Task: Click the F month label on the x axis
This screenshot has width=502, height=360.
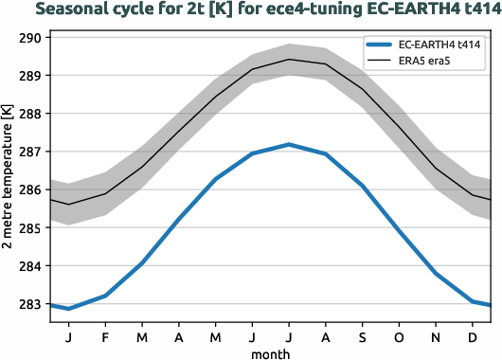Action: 105,336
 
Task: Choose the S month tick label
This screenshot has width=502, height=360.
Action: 362,336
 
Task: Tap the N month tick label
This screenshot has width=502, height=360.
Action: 436,336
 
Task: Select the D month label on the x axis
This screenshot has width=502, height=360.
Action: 473,336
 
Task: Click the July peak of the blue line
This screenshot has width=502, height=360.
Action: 289,144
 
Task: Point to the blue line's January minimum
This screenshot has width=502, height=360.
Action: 68,309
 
